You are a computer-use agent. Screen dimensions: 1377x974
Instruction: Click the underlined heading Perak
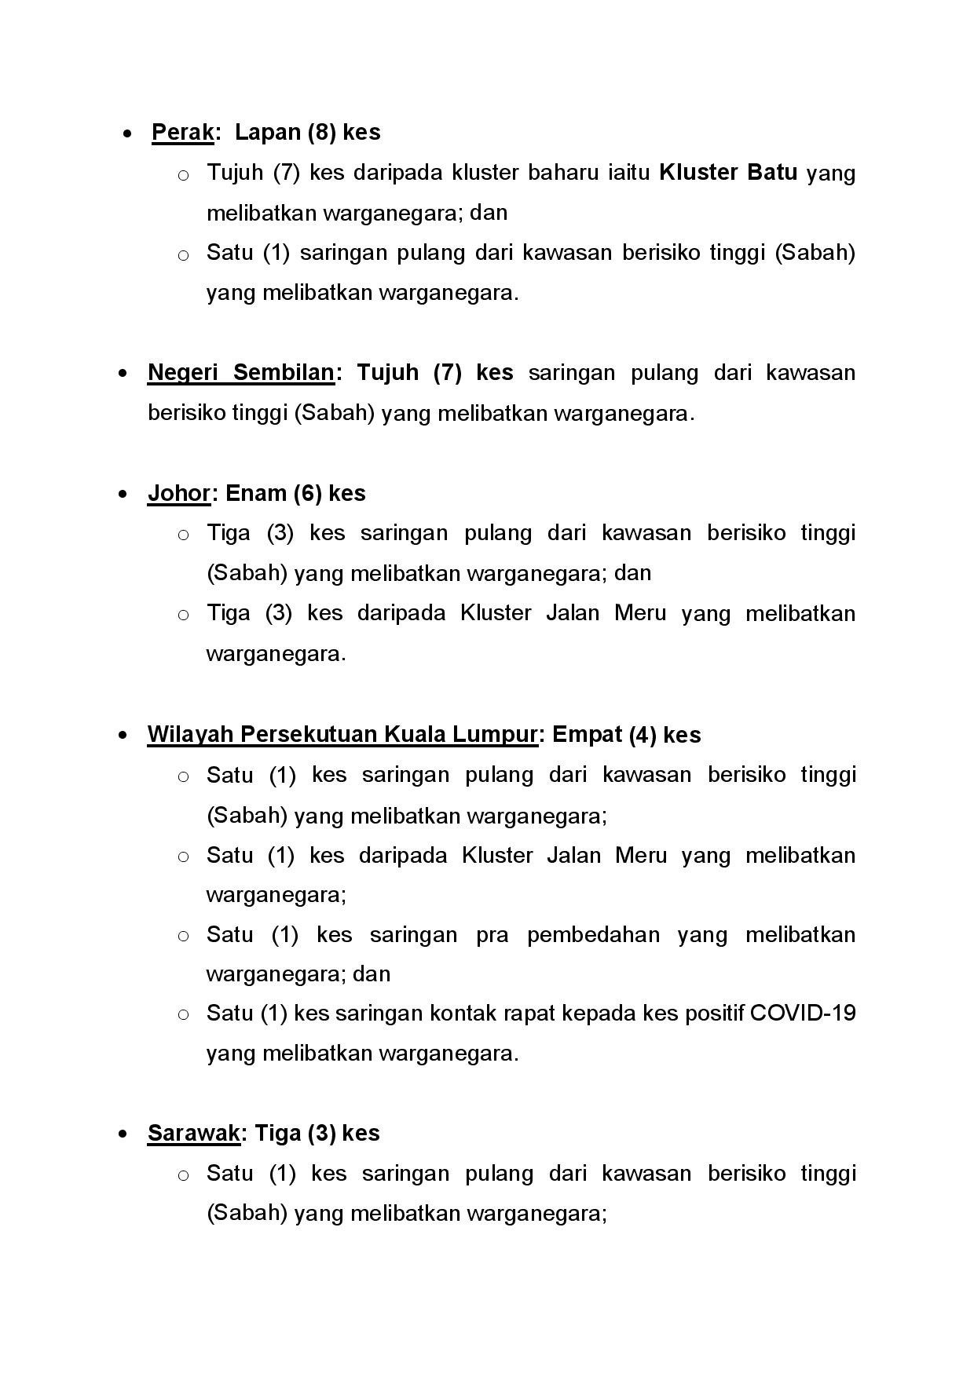[x=182, y=132]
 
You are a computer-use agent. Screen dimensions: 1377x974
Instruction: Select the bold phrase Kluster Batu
[x=728, y=172]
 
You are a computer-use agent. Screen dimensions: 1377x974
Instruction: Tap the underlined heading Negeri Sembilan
[x=240, y=372]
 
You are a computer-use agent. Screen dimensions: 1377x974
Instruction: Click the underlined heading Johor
[x=179, y=493]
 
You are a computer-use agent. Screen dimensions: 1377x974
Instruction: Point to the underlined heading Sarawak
[x=193, y=1133]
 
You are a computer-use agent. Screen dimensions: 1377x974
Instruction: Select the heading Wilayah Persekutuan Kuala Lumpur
[x=342, y=735]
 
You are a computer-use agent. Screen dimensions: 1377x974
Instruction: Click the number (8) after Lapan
[x=322, y=132]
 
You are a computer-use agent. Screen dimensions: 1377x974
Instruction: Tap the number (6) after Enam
[x=308, y=493]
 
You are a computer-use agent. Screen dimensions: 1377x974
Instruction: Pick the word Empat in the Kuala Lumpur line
[x=587, y=735]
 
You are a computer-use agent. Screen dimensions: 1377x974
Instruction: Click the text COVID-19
[x=803, y=1013]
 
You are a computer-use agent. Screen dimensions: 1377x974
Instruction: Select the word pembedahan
[x=593, y=934]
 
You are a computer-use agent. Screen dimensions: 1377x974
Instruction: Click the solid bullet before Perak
[x=127, y=133]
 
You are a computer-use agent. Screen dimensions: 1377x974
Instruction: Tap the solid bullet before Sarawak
[x=122, y=1134]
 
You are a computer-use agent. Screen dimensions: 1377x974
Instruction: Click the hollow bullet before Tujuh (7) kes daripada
[x=183, y=174]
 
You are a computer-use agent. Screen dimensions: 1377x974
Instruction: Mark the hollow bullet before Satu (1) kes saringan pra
[x=183, y=936]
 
